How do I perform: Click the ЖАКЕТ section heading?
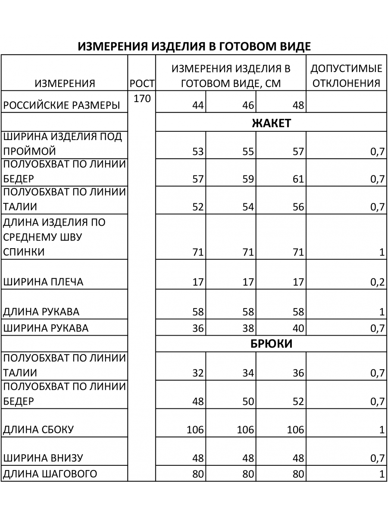[271, 123]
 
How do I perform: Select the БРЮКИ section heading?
[271, 344]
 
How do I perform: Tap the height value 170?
[142, 99]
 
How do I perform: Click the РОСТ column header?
[142, 83]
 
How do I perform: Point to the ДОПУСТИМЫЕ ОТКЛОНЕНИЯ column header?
[346, 76]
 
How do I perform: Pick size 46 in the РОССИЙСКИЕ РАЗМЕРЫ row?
[248, 105]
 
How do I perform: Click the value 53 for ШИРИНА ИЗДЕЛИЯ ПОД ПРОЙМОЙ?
[198, 152]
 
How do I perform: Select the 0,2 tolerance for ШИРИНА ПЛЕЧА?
[377, 283]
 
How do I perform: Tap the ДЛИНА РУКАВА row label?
[41, 312]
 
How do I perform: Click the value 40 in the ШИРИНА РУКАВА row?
[298, 328]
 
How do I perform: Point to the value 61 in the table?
[298, 179]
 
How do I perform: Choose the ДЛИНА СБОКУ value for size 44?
[195, 430]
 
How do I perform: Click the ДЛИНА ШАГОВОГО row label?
[50, 474]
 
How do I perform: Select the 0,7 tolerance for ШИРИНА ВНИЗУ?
[377, 458]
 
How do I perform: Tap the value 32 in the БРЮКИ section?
[198, 373]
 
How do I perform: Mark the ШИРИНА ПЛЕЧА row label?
[43, 282]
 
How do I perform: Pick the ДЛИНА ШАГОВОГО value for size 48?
[298, 474]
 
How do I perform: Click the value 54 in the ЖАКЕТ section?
[248, 207]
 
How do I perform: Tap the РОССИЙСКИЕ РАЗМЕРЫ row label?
[61, 105]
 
